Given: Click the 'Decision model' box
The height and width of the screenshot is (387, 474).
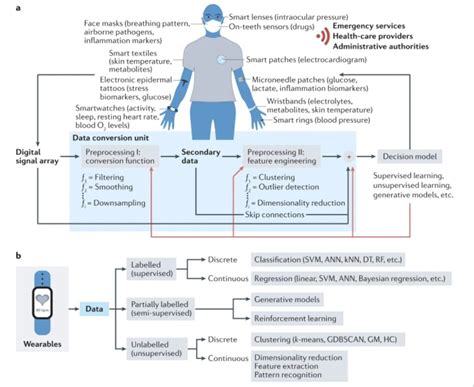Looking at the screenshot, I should coord(421,158).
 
